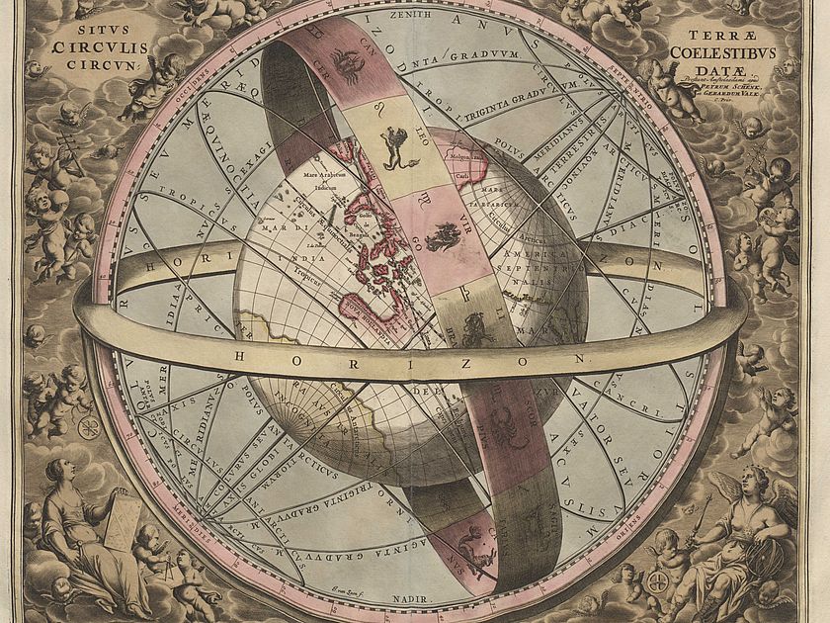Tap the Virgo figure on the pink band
click(x=443, y=234)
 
